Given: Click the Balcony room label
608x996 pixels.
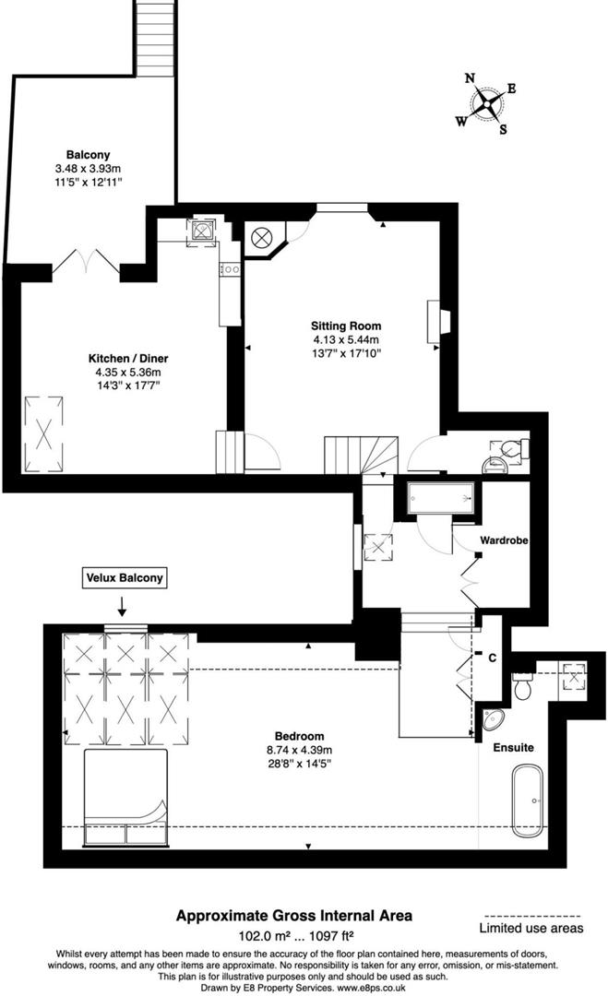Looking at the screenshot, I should (89, 155).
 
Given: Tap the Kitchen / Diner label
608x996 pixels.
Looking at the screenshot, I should (127, 358).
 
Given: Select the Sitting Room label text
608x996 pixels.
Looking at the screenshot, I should (346, 326).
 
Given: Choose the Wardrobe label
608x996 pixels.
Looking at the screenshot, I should (503, 540).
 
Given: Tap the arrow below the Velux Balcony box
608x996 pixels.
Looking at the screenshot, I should (123, 607).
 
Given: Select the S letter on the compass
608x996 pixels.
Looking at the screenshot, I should (503, 129).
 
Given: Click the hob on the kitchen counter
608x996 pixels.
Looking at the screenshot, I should (226, 270).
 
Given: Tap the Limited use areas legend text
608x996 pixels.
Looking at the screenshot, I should (531, 929).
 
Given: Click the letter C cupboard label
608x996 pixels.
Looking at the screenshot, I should (494, 658).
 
